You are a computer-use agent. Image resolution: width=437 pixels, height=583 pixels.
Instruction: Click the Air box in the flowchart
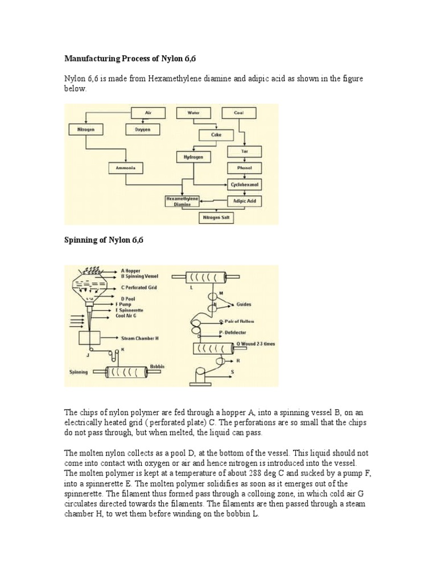(x=148, y=113)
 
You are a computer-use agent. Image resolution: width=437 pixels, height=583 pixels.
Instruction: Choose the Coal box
(x=238, y=113)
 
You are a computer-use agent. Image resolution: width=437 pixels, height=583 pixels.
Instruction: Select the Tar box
(x=244, y=151)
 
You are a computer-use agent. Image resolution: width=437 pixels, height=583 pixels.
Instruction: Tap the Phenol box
(x=244, y=168)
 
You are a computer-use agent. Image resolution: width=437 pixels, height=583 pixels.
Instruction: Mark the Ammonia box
(x=126, y=168)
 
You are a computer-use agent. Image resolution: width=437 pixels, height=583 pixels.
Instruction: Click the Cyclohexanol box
(x=245, y=184)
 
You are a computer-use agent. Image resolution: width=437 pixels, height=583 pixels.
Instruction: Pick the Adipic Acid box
(x=244, y=200)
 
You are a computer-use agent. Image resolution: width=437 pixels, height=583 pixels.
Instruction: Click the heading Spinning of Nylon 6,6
(x=104, y=240)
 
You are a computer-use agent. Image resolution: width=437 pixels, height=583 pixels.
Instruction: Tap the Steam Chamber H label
(x=139, y=338)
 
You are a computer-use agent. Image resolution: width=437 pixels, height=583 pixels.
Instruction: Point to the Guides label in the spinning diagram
(x=244, y=305)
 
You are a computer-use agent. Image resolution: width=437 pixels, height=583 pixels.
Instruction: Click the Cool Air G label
(x=126, y=315)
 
